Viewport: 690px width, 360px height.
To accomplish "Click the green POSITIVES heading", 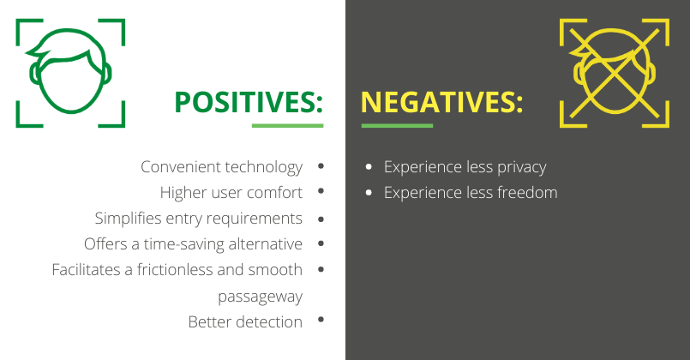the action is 249,102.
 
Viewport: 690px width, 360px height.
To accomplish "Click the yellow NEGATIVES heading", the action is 441,102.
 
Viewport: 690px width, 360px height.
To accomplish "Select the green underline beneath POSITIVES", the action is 287,126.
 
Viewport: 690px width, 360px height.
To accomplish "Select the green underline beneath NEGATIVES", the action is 397,126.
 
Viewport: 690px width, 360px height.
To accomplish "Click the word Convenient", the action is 181,167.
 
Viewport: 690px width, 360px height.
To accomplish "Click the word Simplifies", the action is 128,219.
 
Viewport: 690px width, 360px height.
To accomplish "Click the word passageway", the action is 260,297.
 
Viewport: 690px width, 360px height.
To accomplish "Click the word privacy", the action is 521,167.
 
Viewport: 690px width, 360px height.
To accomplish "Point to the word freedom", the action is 527,193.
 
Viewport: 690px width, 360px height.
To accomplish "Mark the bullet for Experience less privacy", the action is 369,167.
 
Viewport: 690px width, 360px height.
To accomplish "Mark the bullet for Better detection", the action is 321,320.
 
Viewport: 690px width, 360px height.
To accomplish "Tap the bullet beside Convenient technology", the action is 321,166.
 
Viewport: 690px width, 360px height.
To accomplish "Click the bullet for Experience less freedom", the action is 369,192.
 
